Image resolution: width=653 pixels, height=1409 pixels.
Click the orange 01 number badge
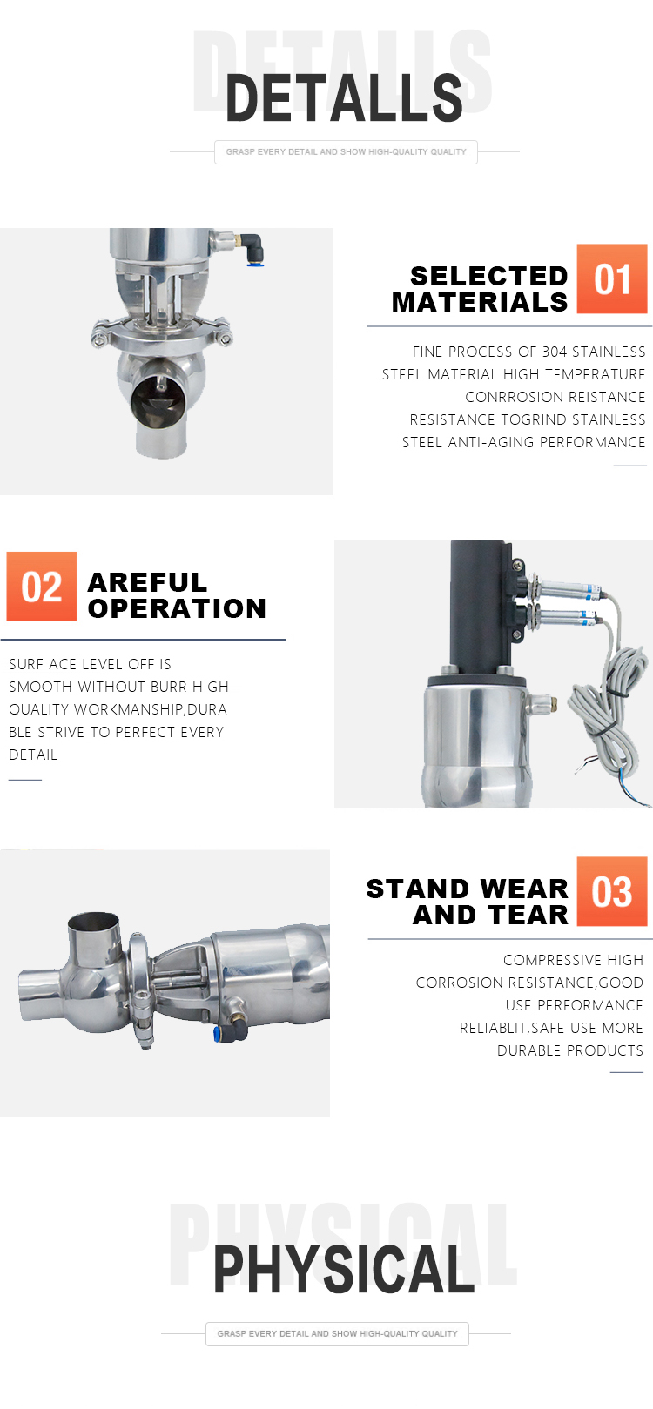click(611, 278)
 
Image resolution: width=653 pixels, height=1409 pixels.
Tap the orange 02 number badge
click(42, 587)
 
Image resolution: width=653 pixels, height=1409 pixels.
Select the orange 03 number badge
click(611, 890)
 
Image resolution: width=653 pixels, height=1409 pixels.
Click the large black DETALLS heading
click(344, 98)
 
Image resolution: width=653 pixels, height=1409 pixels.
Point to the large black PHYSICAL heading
click(344, 1270)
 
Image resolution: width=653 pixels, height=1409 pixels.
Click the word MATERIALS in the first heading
click(480, 303)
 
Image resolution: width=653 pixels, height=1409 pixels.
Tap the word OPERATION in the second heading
click(177, 608)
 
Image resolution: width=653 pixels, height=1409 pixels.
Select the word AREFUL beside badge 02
click(147, 582)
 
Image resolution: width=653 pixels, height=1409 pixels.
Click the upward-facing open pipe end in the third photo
click(93, 924)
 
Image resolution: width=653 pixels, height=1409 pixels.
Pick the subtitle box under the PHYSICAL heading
click(337, 1333)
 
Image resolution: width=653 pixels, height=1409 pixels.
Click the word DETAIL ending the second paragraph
click(33, 755)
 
